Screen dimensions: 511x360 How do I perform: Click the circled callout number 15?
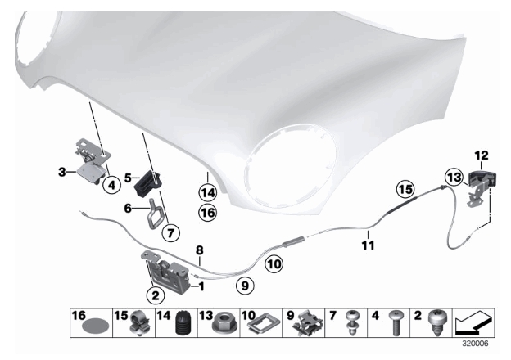(x=405, y=189)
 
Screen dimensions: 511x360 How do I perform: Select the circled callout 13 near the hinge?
(x=454, y=178)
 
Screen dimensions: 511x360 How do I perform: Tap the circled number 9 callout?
(x=245, y=286)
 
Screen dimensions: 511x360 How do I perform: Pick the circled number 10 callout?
(x=274, y=264)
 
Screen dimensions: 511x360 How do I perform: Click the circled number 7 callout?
(x=171, y=232)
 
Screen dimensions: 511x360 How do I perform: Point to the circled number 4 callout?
(x=111, y=186)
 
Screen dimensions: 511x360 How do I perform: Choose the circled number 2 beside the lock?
(x=156, y=295)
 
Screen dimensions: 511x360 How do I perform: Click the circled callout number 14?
(x=208, y=193)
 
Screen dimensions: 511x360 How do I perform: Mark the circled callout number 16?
(x=208, y=213)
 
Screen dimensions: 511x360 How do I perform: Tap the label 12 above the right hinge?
(x=482, y=155)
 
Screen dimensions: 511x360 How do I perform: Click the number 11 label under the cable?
(x=368, y=245)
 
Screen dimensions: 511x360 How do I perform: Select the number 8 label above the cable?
(x=200, y=250)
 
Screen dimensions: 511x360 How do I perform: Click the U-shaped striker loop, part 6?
(x=153, y=214)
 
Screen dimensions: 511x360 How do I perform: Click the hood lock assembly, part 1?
(x=167, y=272)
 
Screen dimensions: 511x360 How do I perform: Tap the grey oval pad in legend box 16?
(x=95, y=326)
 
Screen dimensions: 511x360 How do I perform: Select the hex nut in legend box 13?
(x=224, y=322)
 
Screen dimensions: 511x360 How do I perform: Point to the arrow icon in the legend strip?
(x=473, y=322)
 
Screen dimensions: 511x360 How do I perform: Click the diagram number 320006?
(x=475, y=344)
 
